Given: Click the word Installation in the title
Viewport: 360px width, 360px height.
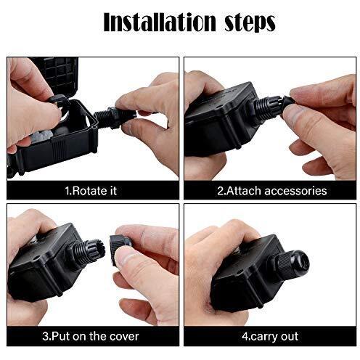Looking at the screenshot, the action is (x=160, y=22).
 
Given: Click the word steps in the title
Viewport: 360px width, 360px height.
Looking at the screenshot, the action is (x=250, y=23).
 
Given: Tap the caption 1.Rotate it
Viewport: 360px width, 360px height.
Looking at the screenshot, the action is (x=91, y=191).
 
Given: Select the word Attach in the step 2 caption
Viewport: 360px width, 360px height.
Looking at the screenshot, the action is (x=244, y=191).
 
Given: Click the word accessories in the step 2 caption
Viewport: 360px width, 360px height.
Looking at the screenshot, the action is (x=295, y=191).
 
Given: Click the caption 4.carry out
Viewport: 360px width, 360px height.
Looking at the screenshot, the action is (x=270, y=337).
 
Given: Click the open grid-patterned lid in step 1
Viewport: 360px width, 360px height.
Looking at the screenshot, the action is (x=57, y=75).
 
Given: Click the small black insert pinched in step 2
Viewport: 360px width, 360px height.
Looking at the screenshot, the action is (x=289, y=103).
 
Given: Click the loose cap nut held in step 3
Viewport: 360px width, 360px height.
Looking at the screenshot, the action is (x=119, y=248).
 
